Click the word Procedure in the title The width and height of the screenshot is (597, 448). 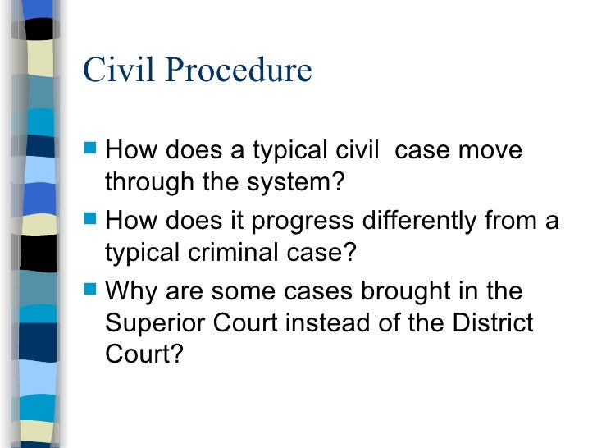[x=240, y=71]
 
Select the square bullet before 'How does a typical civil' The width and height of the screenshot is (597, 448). [x=91, y=151]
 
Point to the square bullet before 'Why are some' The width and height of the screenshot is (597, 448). [x=91, y=291]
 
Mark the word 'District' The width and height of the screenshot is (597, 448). [x=493, y=322]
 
